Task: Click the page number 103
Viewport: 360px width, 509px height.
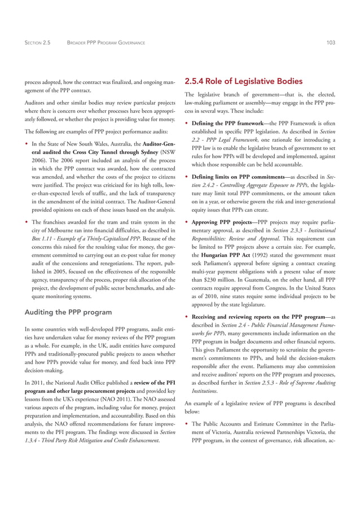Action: click(x=332, y=42)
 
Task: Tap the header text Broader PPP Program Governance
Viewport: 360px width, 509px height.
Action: click(x=106, y=42)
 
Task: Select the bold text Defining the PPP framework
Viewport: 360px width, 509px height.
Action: click(x=226, y=123)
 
